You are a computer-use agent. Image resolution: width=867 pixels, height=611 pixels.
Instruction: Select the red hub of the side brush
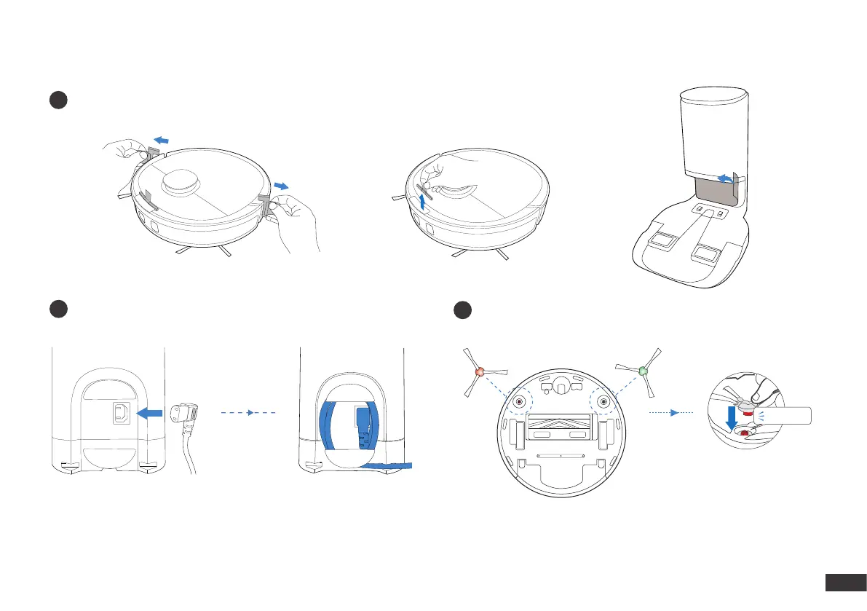click(479, 371)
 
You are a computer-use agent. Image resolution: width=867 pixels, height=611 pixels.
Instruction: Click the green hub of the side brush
click(643, 371)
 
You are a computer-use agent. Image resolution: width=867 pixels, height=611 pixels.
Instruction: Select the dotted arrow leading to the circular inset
click(672, 413)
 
